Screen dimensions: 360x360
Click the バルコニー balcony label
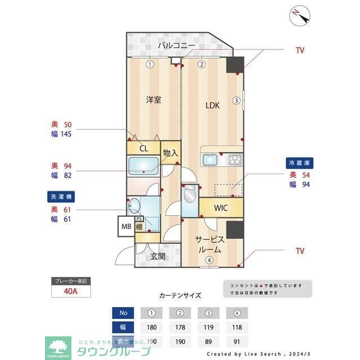[x=176, y=45]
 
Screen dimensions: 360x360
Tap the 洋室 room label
[x=154, y=100]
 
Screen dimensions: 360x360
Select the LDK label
[x=212, y=105]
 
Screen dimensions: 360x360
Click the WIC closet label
[x=220, y=208]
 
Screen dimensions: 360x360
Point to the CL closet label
[x=143, y=148]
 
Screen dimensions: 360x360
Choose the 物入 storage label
[x=170, y=153]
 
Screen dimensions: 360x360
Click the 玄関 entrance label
[x=157, y=256]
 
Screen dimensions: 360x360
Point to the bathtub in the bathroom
[x=144, y=166]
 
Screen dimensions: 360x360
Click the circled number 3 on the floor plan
[x=237, y=101]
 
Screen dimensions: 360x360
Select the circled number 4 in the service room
[x=209, y=260]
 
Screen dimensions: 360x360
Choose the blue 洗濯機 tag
[x=61, y=197]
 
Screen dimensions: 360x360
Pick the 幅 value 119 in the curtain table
[x=209, y=327]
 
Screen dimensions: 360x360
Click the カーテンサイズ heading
[x=180, y=295]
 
